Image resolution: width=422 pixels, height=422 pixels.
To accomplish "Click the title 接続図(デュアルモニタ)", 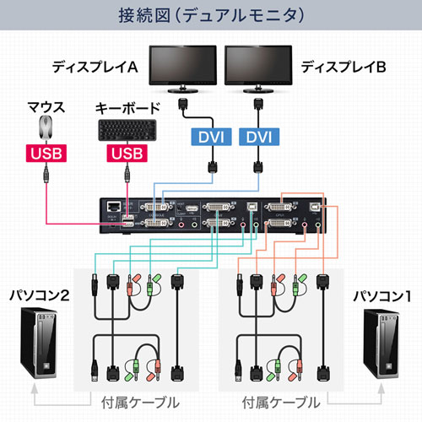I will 210,16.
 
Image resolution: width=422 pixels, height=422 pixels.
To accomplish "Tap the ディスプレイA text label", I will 95,66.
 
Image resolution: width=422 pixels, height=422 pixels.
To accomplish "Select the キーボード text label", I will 127,108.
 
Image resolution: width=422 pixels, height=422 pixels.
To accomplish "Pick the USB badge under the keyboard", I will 127,154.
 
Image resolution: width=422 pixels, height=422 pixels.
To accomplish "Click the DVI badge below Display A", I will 208,136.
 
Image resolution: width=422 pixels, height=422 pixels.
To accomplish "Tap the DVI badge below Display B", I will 258,136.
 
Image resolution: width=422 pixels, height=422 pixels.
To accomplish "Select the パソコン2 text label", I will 39,296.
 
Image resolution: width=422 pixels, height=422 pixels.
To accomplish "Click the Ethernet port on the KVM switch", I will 112,205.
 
